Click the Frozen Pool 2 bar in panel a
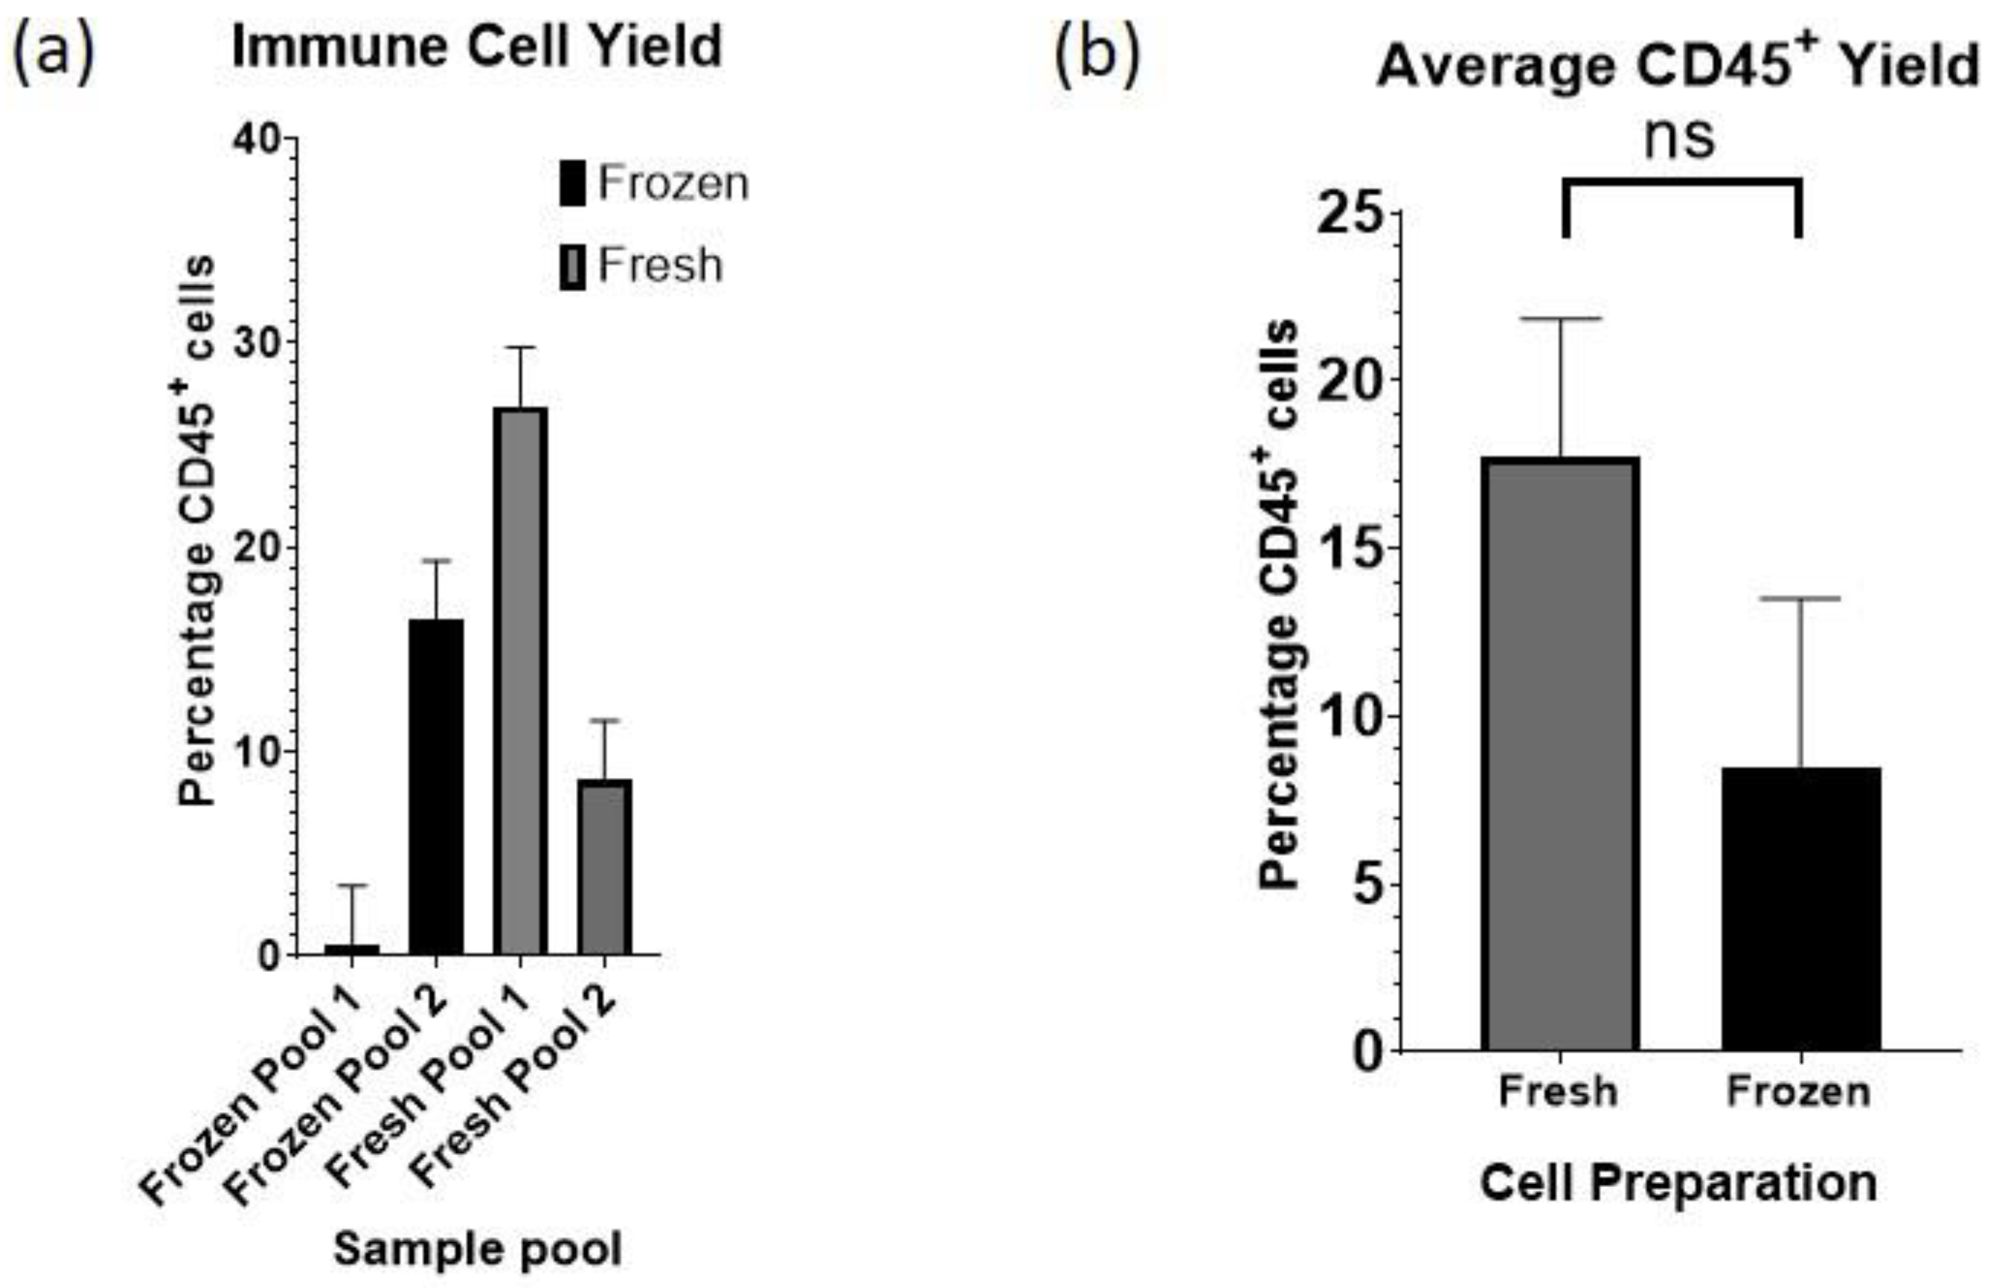tap(436, 786)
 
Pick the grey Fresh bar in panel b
tap(1560, 753)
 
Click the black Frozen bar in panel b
tap(1801, 908)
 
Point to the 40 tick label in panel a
tap(259, 139)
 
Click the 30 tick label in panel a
tap(259, 343)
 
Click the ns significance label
tap(1680, 139)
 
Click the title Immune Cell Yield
tap(476, 46)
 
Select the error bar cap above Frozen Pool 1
tap(352, 885)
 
